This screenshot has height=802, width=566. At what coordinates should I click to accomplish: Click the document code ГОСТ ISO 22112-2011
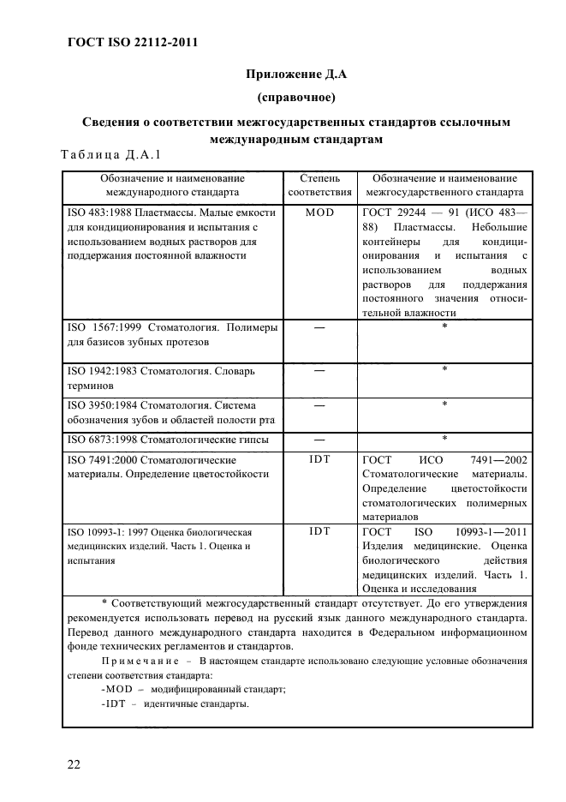127,42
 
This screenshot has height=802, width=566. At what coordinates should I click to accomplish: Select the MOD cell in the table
319,211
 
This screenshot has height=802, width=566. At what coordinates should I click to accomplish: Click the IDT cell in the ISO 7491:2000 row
319,458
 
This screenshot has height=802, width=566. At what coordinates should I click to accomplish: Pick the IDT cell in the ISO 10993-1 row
319,531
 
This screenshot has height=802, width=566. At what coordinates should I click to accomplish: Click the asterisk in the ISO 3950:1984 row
444,404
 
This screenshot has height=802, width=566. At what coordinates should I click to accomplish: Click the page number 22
71,764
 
